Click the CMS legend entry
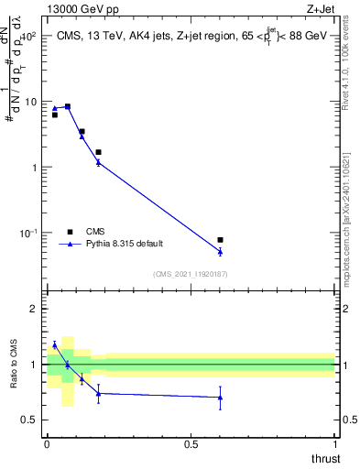(95, 232)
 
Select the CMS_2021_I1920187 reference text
(190, 274)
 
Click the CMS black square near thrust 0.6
(220, 240)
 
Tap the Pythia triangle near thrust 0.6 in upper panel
(220, 251)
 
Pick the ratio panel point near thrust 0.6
(220, 398)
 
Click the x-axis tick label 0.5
(191, 443)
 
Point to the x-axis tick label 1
(335, 443)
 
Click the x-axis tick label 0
(48, 443)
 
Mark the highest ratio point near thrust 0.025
(55, 345)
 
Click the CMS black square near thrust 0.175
(98, 152)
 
